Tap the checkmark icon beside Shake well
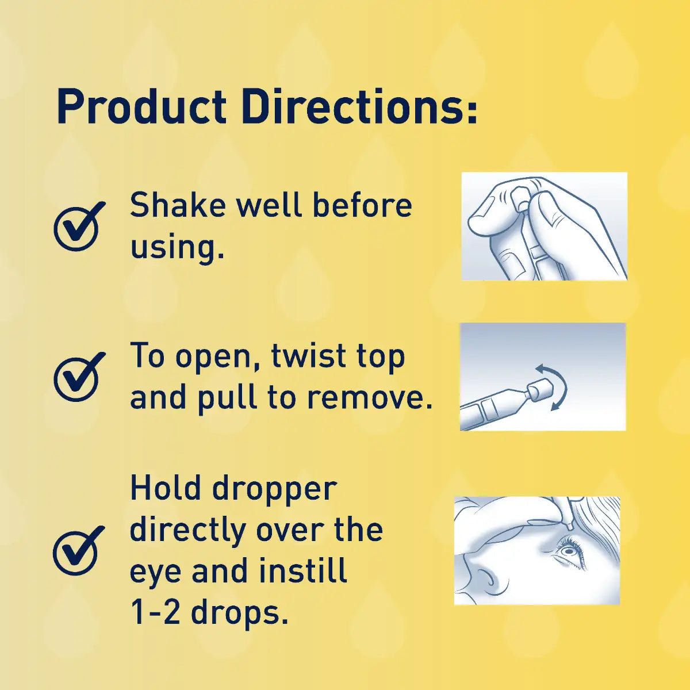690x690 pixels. (x=78, y=226)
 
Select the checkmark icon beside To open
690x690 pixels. (x=78, y=377)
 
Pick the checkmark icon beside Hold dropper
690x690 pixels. (x=78, y=550)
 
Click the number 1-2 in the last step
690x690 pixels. (x=155, y=613)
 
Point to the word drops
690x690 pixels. (x=239, y=613)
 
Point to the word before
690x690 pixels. (x=362, y=205)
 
